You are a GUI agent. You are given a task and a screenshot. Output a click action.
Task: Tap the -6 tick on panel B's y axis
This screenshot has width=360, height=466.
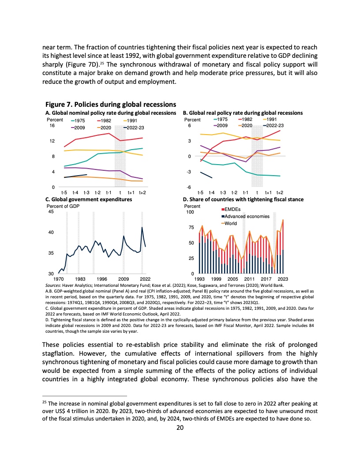[x=189, y=188]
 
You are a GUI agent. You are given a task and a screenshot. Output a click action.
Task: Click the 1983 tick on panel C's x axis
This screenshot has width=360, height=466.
[x=80, y=279]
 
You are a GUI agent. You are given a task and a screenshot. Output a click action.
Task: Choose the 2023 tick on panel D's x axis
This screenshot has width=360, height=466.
[x=283, y=279]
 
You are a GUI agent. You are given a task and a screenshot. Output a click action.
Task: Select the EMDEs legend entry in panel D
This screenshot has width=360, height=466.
[x=232, y=209]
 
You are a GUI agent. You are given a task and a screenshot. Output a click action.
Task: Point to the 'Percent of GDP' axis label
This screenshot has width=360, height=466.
[x=63, y=206]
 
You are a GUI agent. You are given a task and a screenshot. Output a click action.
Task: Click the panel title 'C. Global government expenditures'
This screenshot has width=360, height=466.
[x=89, y=199]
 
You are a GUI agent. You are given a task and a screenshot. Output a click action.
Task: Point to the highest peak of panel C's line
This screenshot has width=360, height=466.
[x=142, y=227]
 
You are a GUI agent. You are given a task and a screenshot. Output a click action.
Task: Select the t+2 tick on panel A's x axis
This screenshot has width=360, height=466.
[x=142, y=193]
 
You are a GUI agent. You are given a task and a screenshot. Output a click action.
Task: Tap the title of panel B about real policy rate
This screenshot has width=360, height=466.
[x=243, y=113]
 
